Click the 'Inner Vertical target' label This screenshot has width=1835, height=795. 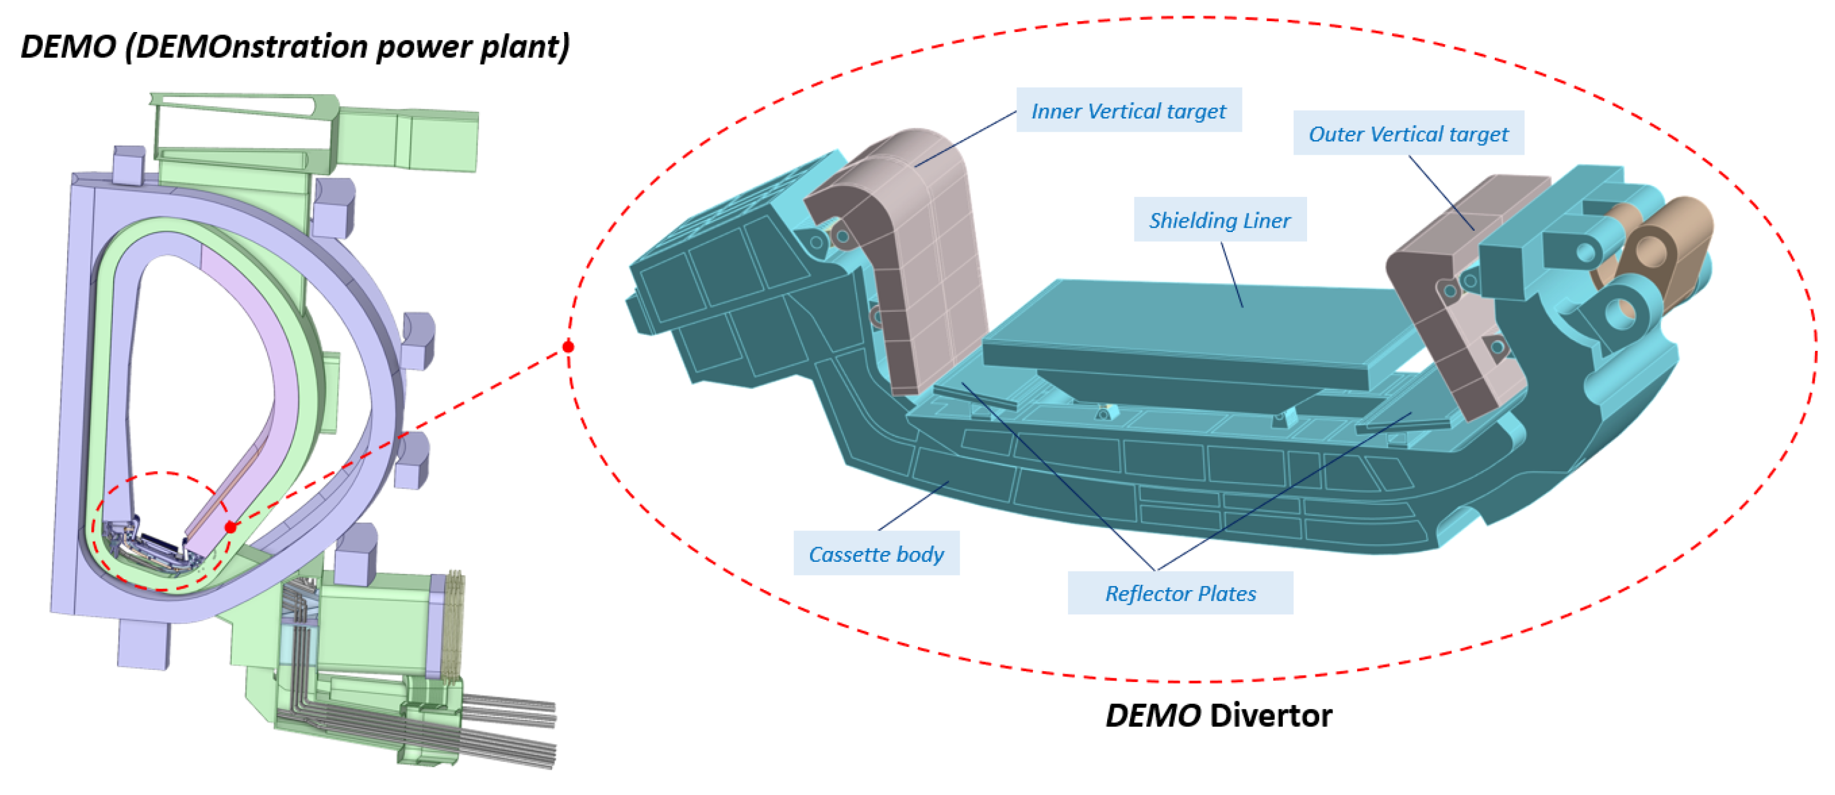point(1128,111)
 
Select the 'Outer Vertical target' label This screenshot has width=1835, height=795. point(1409,134)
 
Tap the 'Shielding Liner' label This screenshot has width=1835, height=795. point(1220,219)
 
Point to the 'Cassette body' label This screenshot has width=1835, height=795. point(876,553)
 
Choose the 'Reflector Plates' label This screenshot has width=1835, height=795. point(1180,593)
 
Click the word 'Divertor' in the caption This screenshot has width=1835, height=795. point(1271,715)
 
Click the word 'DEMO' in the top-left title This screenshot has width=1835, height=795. point(68,47)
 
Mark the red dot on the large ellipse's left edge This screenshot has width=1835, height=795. point(568,347)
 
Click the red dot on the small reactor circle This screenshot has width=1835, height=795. point(230,527)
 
